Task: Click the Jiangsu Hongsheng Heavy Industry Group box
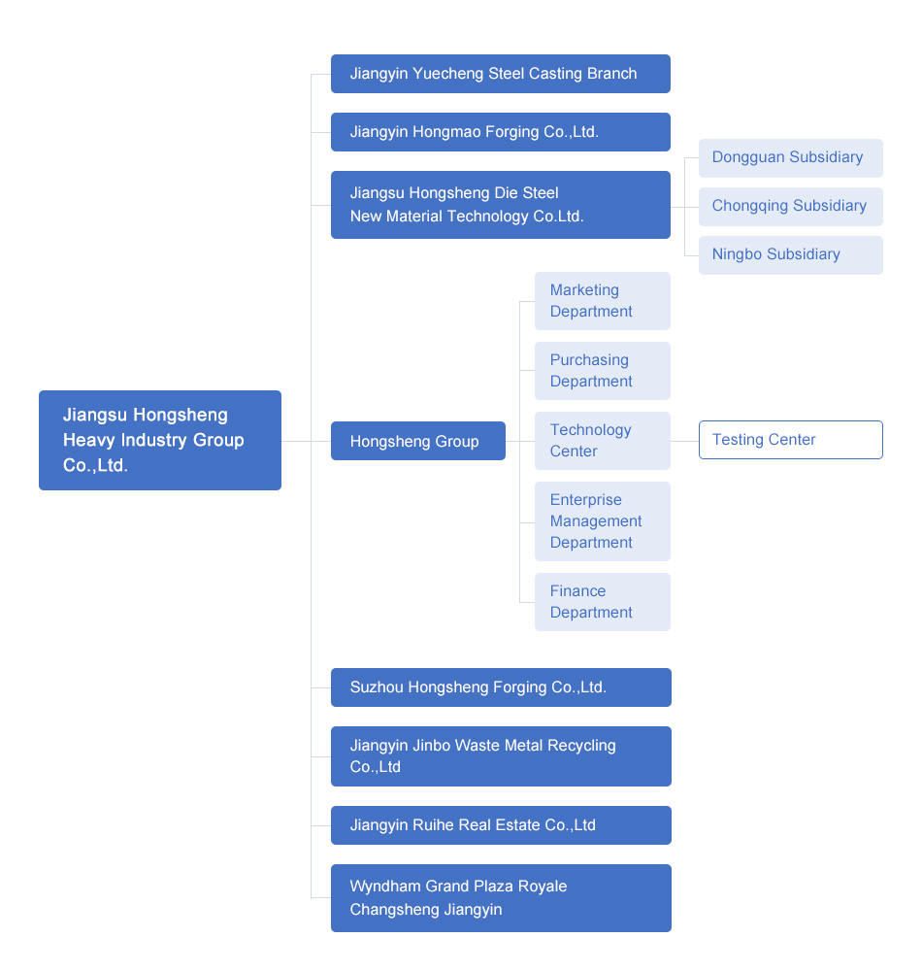(x=160, y=440)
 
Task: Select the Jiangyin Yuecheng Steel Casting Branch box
(x=500, y=74)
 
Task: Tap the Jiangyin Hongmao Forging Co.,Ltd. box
(x=500, y=132)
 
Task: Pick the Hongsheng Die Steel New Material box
(x=500, y=205)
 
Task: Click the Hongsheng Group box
(x=417, y=441)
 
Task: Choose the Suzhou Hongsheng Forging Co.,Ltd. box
(x=500, y=687)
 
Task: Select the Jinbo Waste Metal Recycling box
(x=500, y=756)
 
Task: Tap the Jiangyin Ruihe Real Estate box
(x=500, y=825)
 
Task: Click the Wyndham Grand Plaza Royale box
(x=500, y=898)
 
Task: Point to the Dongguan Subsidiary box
(x=790, y=158)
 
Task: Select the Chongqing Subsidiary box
(x=790, y=207)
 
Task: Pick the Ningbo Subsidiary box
(x=790, y=255)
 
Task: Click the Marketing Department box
(x=602, y=301)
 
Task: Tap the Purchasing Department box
(x=602, y=371)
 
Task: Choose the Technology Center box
(x=602, y=441)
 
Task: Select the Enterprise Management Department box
(x=602, y=521)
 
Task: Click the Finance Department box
(x=602, y=602)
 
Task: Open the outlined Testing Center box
(x=790, y=440)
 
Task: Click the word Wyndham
(x=385, y=887)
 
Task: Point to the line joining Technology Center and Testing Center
(x=684, y=441)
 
